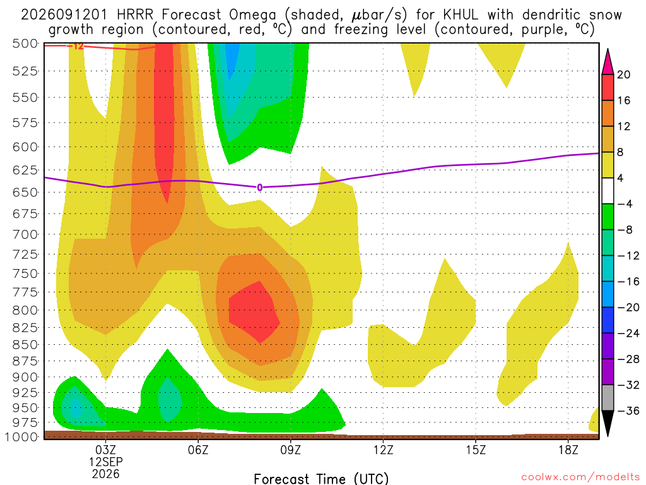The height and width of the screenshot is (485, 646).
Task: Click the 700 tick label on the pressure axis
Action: tap(25, 235)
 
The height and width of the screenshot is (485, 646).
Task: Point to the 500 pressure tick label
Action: tap(25, 44)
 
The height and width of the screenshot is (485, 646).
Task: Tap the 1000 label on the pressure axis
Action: tap(22, 437)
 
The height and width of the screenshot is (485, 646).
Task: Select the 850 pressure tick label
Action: tap(25, 345)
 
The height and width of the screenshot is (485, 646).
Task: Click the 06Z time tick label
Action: tap(198, 450)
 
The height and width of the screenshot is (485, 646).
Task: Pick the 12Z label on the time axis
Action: tap(383, 450)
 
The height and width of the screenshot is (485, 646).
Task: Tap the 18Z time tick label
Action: tap(568, 450)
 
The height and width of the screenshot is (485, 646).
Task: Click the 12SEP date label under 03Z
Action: tap(106, 462)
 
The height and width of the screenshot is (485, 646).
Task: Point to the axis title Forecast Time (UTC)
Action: tap(321, 479)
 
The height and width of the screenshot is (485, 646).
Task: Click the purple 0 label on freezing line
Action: tap(259, 188)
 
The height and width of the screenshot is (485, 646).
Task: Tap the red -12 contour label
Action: tap(76, 46)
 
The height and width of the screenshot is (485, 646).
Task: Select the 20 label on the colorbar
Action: tap(623, 75)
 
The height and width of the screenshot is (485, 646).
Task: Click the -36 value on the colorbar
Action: tap(628, 410)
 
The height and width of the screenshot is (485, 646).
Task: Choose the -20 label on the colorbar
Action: tap(628, 308)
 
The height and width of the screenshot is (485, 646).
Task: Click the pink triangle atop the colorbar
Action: tap(608, 61)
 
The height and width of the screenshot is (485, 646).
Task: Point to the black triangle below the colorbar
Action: tap(608, 423)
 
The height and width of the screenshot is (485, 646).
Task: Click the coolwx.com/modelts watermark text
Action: tap(580, 477)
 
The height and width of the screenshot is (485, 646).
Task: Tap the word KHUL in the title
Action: tap(461, 15)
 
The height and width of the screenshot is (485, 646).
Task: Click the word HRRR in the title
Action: tap(135, 15)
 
